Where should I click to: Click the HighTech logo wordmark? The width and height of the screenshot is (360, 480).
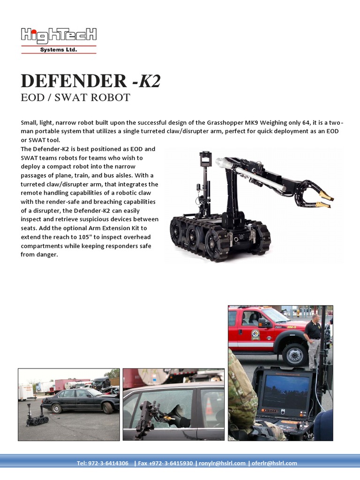pyautogui.click(x=59, y=35)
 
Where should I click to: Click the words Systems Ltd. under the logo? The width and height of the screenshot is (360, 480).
pyautogui.click(x=58, y=50)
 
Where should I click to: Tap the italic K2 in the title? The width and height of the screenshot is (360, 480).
pyautogui.click(x=150, y=81)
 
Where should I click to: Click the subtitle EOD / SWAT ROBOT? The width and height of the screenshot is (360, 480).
pyautogui.click(x=75, y=97)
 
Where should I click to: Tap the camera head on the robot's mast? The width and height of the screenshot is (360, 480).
pyautogui.click(x=205, y=160)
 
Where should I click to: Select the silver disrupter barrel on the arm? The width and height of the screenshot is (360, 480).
pyautogui.click(x=262, y=179)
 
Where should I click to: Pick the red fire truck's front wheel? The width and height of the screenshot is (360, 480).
pyautogui.click(x=295, y=355)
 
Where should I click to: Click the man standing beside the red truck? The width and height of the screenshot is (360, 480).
pyautogui.click(x=314, y=340)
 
